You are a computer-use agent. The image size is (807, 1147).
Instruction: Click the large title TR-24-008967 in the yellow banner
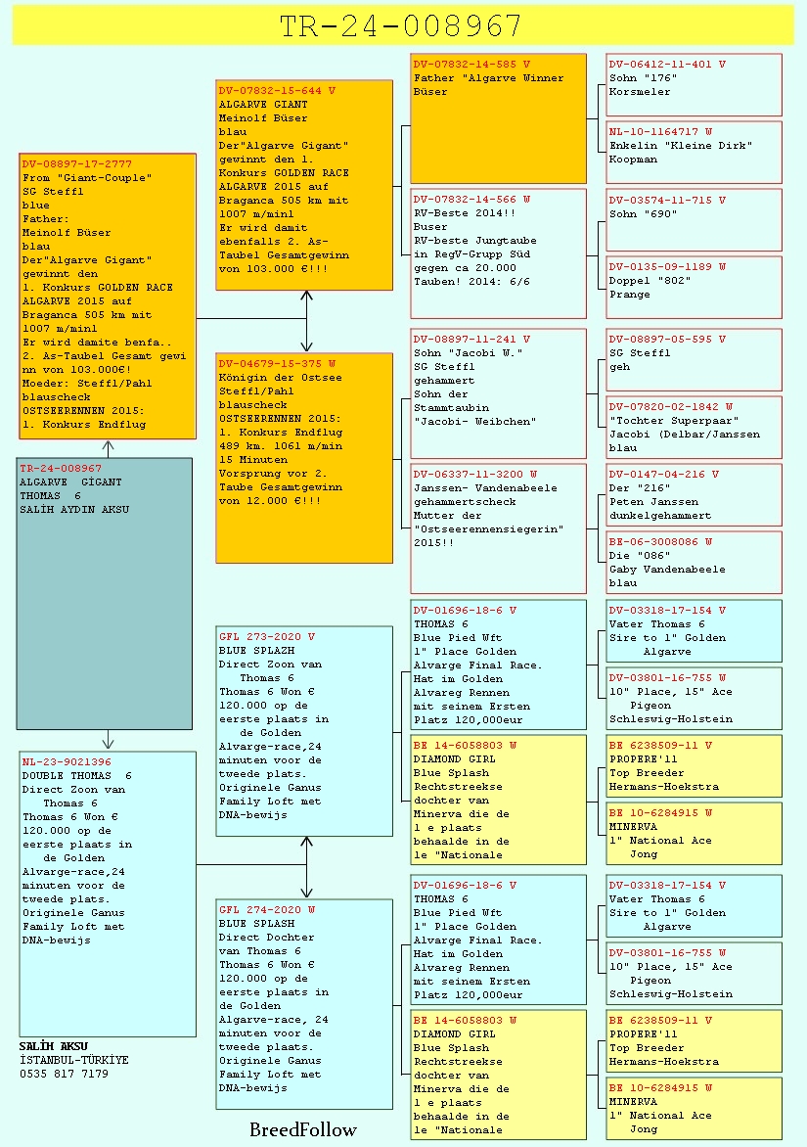pos(401,26)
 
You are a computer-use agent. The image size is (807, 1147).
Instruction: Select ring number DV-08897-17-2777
pos(76,163)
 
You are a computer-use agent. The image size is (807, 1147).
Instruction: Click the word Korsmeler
pos(640,91)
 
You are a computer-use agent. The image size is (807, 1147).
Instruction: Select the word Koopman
pos(633,160)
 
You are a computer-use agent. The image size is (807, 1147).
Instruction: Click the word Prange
pos(629,295)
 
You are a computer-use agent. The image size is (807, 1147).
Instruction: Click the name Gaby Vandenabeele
pos(667,570)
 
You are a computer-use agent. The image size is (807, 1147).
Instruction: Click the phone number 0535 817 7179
pos(64,1074)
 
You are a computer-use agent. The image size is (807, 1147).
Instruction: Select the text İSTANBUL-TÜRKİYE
pos(73,1060)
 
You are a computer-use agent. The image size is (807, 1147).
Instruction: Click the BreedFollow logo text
pos(302,1130)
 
